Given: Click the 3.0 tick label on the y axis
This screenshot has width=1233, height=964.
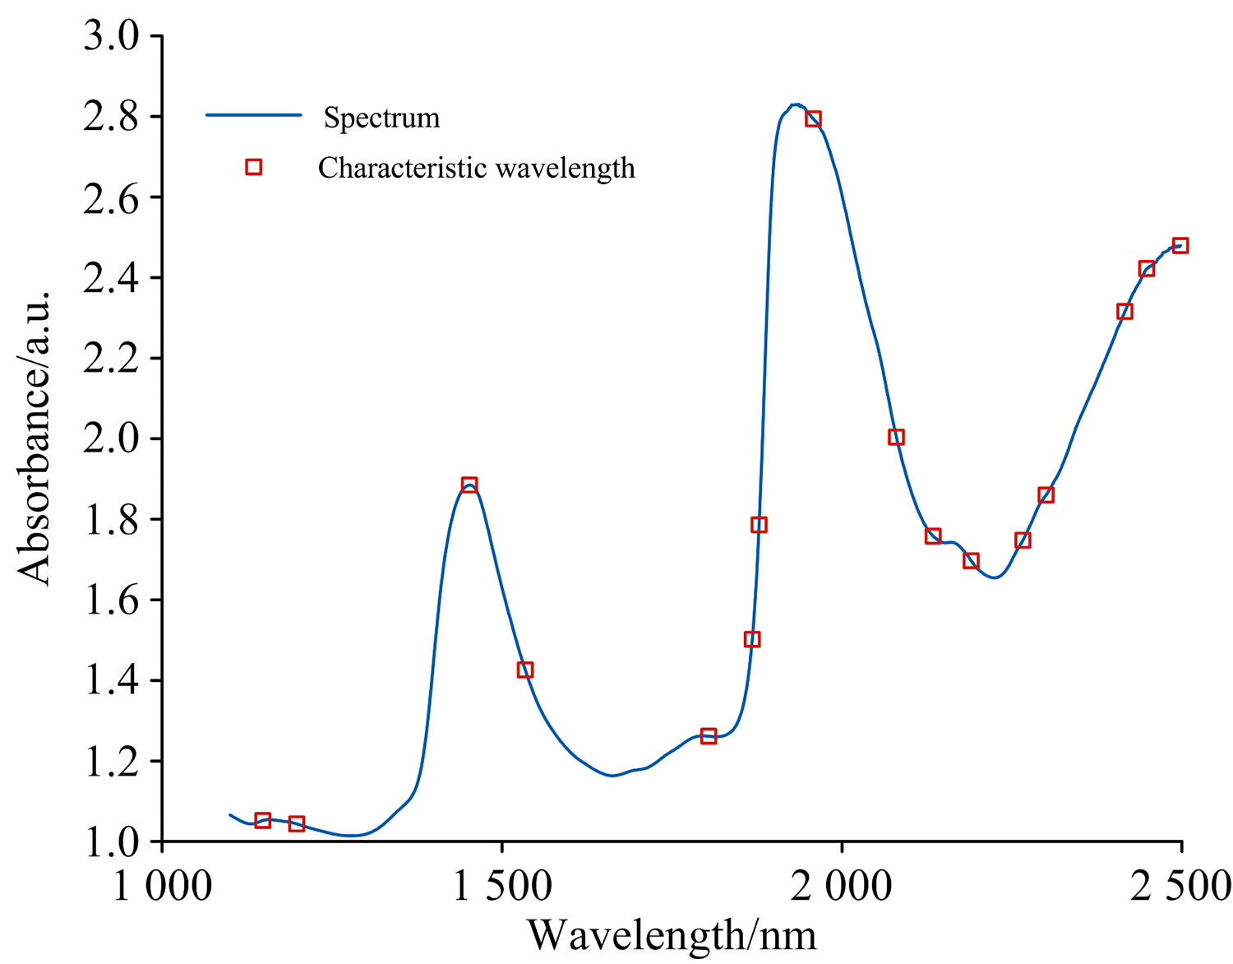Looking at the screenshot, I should coord(110,37).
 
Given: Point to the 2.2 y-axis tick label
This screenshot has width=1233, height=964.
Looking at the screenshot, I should coord(110,359).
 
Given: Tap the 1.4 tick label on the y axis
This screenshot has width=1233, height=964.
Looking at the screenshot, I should coord(110,681).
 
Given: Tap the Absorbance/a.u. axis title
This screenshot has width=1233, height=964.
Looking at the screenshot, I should coord(35,438).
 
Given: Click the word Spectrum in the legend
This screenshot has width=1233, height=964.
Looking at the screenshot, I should coord(381,118).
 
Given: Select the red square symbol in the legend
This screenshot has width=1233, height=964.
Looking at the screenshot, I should coord(254,168).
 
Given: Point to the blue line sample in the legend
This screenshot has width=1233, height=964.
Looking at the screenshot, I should coord(254,116).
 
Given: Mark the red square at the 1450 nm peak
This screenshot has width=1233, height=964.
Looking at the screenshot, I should coord(469,484).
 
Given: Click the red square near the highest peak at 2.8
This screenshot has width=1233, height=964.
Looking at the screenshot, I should coord(813,119).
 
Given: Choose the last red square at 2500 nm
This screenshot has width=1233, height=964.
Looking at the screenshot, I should coord(1180,246).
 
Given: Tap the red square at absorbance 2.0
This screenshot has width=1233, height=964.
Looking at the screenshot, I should coord(896,438).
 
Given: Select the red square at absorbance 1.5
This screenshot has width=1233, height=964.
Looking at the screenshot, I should coord(751,639).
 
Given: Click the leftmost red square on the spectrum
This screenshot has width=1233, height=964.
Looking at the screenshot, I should coord(263,820).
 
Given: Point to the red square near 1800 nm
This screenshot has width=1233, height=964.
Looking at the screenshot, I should coord(709,736).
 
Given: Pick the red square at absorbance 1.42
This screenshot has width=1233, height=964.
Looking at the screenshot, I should coord(525,670).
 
